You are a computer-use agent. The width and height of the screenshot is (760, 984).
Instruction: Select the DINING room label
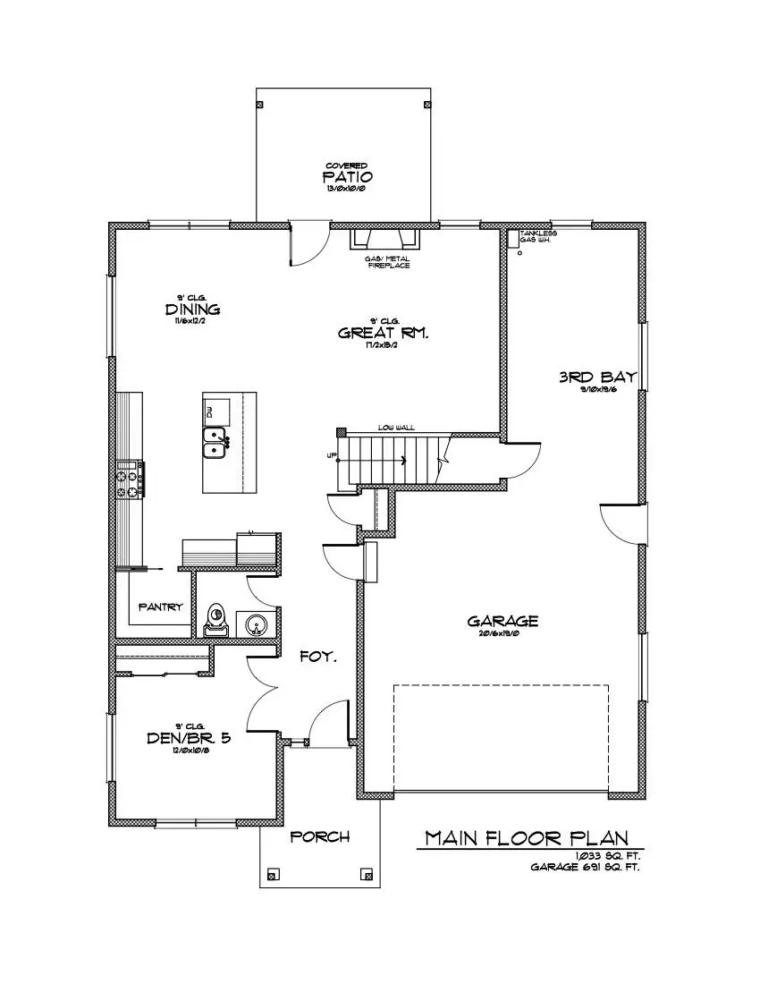click(x=192, y=310)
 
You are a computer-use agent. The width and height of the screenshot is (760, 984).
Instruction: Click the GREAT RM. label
click(x=384, y=333)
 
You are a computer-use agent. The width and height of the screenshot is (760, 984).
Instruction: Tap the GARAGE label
click(x=502, y=621)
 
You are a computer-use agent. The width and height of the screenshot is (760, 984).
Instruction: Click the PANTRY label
click(x=161, y=607)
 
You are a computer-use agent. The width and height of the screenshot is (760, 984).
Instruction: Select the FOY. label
click(x=317, y=657)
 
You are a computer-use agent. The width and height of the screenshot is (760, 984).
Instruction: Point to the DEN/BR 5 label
click(x=190, y=738)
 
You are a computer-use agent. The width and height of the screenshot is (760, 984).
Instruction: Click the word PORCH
click(x=320, y=837)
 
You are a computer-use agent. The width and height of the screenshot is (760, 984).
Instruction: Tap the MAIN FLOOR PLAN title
click(x=525, y=838)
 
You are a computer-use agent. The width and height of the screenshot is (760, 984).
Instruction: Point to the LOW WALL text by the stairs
click(x=395, y=428)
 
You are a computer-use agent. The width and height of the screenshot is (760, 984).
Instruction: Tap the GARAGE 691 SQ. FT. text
click(x=586, y=867)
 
